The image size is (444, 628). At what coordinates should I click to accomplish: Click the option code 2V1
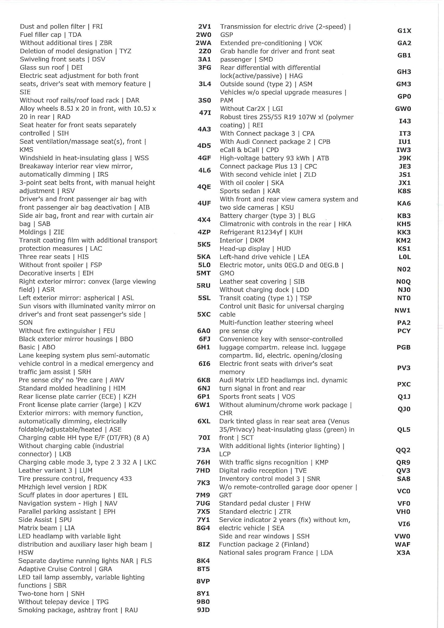[x=204, y=27]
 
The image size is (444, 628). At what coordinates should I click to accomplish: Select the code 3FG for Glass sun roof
[x=204, y=68]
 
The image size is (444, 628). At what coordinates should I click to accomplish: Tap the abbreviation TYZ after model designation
[x=125, y=51]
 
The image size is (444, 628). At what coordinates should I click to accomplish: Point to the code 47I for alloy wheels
[x=205, y=113]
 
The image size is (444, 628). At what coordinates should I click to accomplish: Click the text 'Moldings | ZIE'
[x=42, y=232]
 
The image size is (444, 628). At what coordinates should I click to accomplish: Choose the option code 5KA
[x=204, y=257]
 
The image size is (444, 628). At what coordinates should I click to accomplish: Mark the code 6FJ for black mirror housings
[x=204, y=339]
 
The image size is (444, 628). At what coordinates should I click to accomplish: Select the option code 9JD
[x=203, y=610]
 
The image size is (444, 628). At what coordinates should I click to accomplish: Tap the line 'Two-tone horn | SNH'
[x=51, y=594]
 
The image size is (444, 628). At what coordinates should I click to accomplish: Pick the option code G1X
[x=404, y=31]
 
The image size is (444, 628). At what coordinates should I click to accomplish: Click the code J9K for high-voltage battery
[x=404, y=158]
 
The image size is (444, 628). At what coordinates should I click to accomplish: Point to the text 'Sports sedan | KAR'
[x=250, y=191]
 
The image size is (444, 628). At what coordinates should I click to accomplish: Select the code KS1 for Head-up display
[x=404, y=249]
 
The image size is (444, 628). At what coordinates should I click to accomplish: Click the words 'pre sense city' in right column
[x=241, y=331]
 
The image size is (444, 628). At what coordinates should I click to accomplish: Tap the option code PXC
[x=404, y=384]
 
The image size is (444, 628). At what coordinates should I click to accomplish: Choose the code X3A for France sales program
[x=403, y=553]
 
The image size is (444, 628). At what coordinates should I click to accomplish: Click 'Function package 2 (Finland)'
[x=264, y=544]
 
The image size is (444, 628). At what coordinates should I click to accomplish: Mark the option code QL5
[x=403, y=430]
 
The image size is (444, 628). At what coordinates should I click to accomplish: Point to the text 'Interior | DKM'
[x=242, y=240]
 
